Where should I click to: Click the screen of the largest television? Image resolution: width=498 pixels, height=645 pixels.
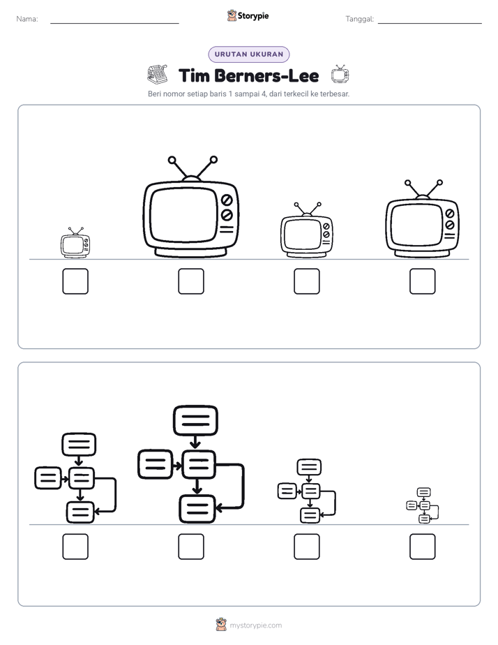coord(183,215)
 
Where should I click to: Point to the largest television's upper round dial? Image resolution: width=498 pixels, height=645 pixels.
coord(227,200)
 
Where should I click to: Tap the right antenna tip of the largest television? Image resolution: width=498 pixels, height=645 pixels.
coord(213,159)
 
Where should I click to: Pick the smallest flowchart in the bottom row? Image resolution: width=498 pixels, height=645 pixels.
coord(423,505)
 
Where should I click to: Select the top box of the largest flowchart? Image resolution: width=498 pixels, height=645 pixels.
coord(195,420)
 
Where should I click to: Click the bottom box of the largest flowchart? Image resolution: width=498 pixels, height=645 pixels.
coord(197,509)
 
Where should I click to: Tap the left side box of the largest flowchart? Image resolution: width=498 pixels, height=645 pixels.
coord(155,464)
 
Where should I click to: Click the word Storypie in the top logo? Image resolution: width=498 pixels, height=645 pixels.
coord(253,16)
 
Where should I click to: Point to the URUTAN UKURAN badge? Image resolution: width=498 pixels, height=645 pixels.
coord(249,54)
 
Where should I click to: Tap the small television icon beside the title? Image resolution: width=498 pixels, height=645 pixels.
coord(340,74)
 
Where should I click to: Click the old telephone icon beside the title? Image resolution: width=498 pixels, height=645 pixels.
coord(158,74)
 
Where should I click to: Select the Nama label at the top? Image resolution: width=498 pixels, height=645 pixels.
coord(27,19)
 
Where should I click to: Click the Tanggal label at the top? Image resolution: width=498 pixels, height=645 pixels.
coord(360,19)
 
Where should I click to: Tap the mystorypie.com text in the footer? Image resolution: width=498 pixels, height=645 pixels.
coord(255,625)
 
